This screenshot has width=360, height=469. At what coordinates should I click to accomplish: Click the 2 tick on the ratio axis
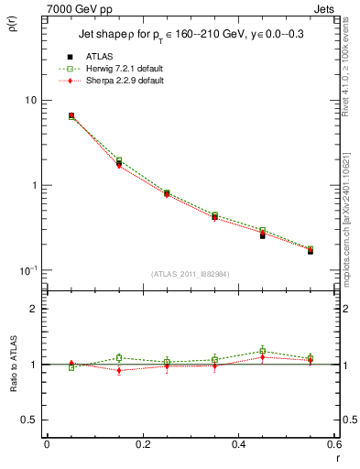[x=34, y=310]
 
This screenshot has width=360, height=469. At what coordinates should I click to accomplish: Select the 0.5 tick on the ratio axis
[x=29, y=420]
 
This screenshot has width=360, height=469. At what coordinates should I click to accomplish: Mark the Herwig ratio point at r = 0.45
[x=262, y=351]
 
